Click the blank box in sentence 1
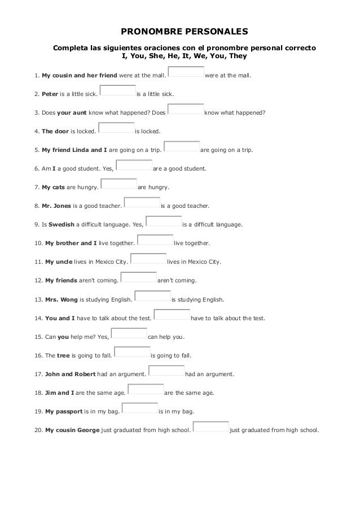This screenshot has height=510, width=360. pos(186,71)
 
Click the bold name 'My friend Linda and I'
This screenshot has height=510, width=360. pos(74,150)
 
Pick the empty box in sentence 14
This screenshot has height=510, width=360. pos(172,315)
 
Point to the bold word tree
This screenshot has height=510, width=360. pos(63,355)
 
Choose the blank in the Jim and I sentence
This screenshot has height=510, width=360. pos(145,389)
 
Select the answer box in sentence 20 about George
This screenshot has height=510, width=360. pos(210,426)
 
